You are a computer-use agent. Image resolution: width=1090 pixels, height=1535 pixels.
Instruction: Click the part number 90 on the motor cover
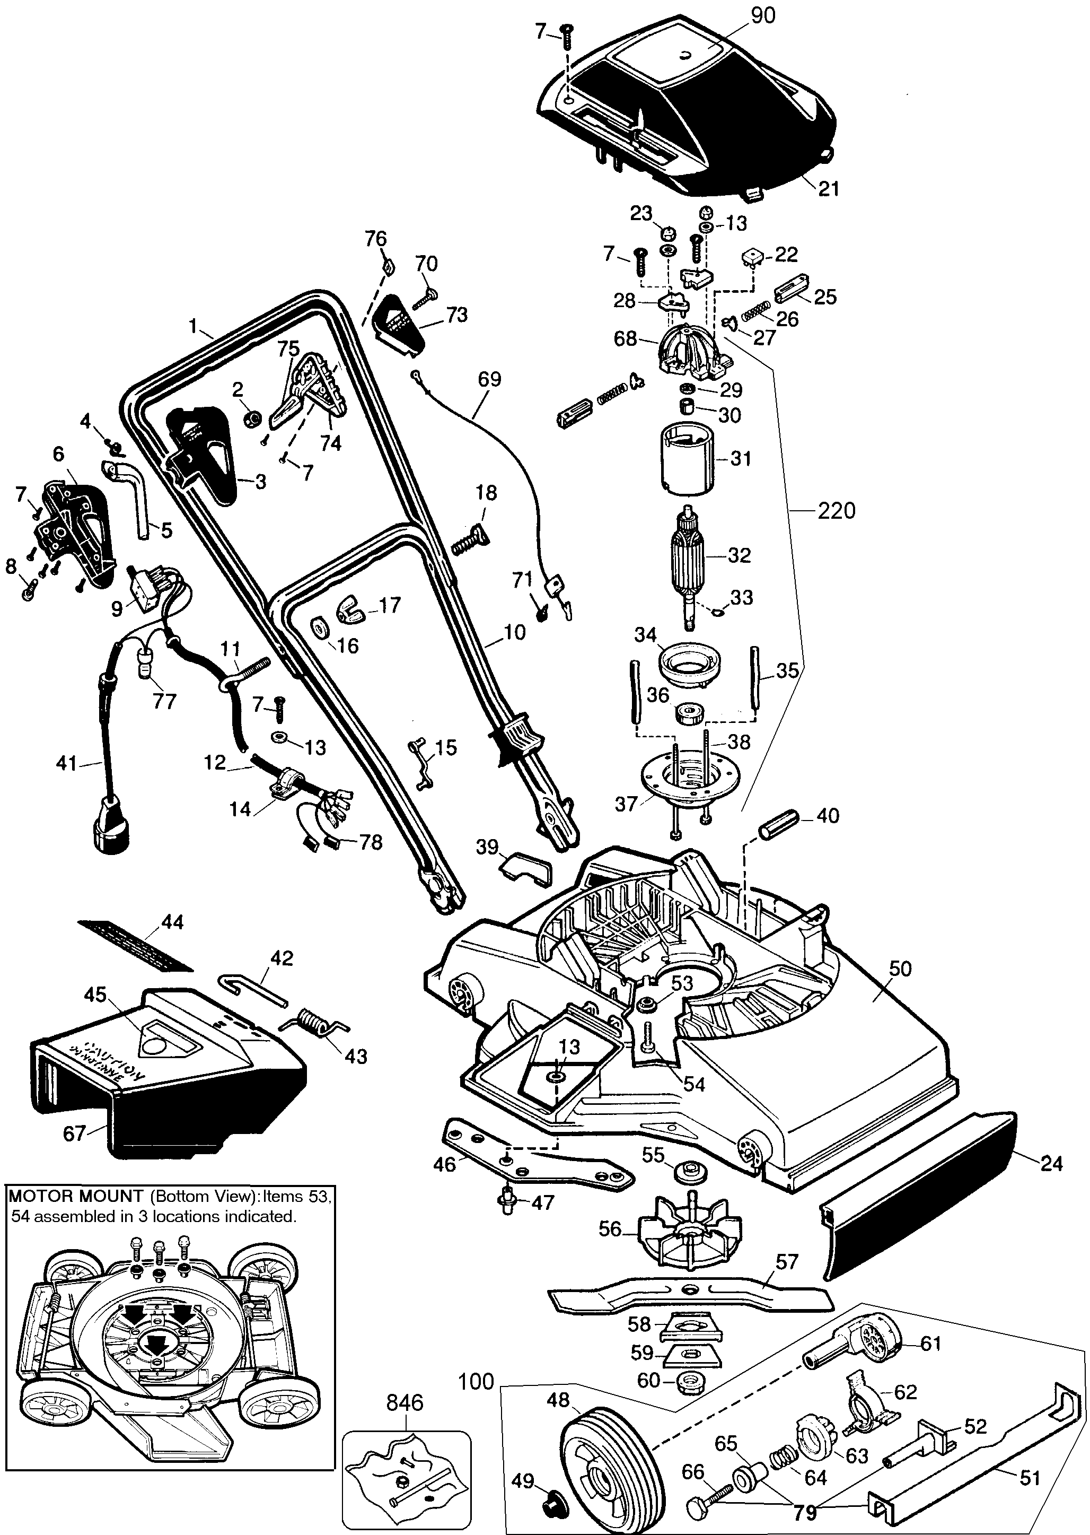[762, 15]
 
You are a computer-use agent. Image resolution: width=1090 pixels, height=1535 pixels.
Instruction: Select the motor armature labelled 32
[691, 556]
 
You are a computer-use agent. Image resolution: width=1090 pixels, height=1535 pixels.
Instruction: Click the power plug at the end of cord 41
[110, 823]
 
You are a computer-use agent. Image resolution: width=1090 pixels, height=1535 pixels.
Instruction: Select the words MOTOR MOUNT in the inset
[75, 1196]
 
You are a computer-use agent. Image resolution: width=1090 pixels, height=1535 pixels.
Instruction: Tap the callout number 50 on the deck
[900, 969]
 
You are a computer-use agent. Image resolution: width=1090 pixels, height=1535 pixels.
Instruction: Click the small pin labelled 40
[779, 822]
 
